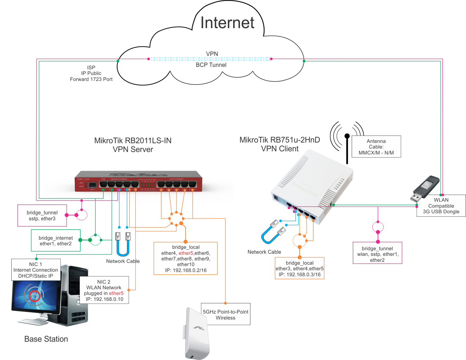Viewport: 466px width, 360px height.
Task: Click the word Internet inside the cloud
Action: [x=227, y=23]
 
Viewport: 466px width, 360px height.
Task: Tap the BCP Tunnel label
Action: [x=211, y=65]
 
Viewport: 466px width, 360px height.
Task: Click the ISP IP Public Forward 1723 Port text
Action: [x=91, y=73]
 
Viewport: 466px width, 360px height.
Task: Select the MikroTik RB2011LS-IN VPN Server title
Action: [x=133, y=145]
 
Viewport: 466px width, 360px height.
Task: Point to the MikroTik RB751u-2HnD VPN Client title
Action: [x=280, y=144]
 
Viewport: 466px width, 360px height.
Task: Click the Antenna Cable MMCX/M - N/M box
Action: [x=376, y=147]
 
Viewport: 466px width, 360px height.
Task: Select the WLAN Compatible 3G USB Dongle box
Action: [x=441, y=206]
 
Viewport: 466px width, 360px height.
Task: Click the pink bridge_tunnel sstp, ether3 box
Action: [x=42, y=215]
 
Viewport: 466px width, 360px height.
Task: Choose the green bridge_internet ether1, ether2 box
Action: [x=56, y=241]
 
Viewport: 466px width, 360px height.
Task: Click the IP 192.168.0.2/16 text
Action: [x=186, y=270]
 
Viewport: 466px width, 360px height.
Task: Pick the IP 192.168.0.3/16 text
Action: [x=300, y=274]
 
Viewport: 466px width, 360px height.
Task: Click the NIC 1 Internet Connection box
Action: [x=36, y=270]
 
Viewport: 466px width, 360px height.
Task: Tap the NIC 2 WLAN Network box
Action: [x=104, y=290]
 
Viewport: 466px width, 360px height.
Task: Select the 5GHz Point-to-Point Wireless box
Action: [x=225, y=315]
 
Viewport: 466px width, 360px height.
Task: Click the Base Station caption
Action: [x=46, y=339]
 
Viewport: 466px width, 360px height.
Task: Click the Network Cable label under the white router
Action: [x=264, y=252]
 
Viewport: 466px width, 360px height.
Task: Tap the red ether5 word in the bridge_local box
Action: [x=186, y=253]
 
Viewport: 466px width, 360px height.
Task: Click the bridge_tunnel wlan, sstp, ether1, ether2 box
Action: [x=377, y=254]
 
